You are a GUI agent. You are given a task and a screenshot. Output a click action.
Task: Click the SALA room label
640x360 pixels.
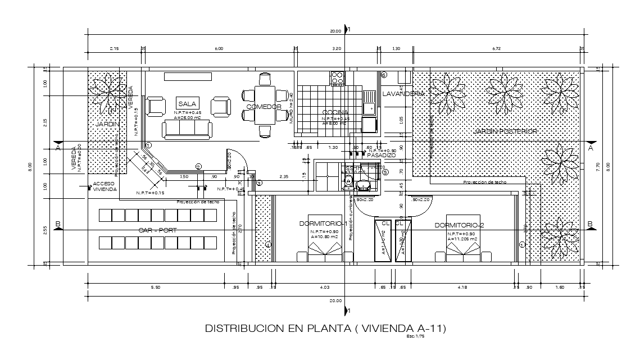point(187,104)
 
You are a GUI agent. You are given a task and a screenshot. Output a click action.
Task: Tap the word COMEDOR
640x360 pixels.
point(264,107)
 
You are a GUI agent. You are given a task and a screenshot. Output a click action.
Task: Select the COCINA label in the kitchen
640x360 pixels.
point(335,112)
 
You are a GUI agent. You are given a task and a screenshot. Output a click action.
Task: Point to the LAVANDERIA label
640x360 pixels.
point(403,94)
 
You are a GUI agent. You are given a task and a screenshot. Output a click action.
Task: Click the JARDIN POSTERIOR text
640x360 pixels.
point(505,131)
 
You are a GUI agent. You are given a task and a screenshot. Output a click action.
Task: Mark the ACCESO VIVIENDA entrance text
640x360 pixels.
point(104,187)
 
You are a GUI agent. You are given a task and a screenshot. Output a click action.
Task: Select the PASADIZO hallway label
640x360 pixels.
point(382,155)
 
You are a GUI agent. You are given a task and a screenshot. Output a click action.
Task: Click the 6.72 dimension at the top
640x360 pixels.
point(496,49)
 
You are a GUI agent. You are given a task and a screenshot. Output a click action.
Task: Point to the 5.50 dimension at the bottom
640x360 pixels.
point(156,288)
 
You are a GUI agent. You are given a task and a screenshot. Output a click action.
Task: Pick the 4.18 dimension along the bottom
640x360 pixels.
point(462,288)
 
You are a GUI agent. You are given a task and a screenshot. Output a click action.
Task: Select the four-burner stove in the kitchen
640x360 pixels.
point(337,79)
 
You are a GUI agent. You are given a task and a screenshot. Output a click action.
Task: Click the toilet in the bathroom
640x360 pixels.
point(348,181)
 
